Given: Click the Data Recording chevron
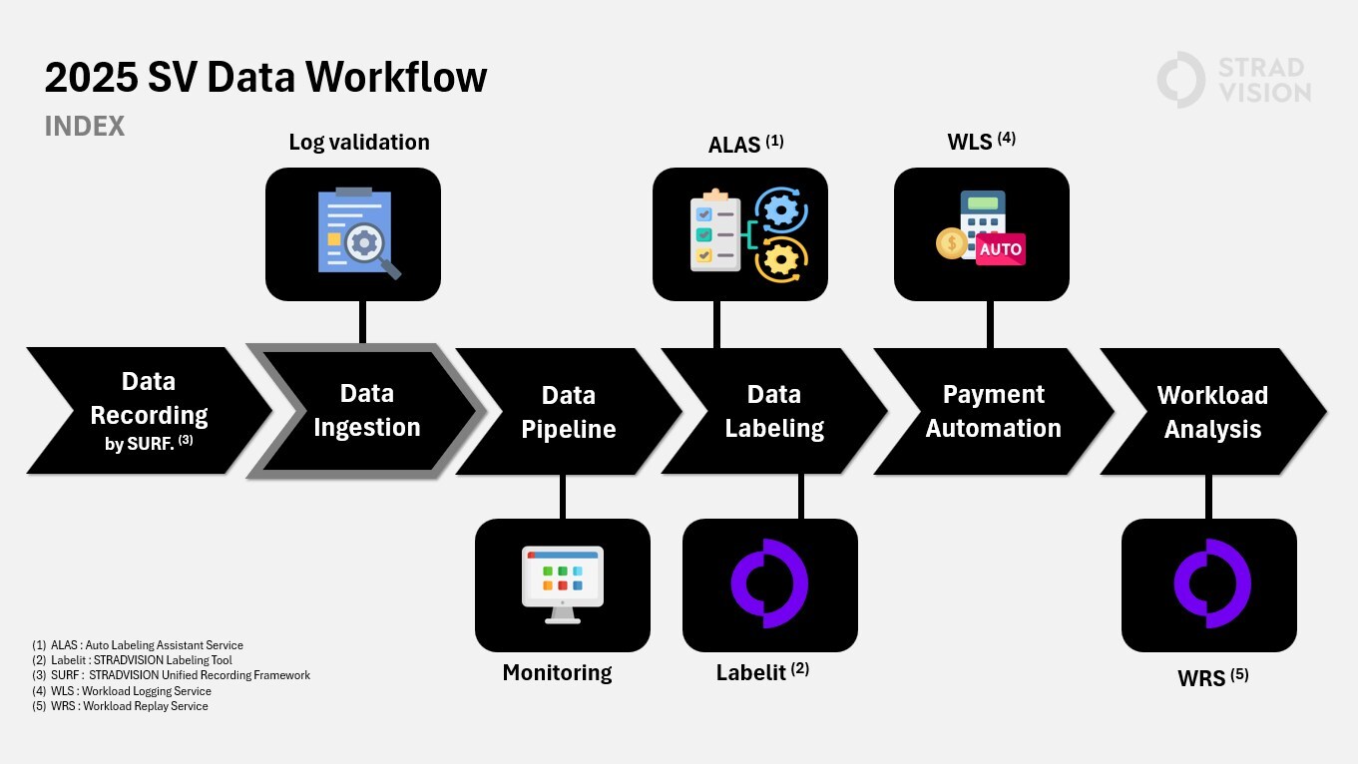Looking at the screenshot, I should click(148, 410).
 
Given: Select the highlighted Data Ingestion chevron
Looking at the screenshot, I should click(366, 410).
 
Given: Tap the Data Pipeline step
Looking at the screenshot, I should click(568, 411).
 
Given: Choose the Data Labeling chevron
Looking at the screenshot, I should click(774, 411).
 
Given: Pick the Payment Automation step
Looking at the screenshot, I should click(993, 411).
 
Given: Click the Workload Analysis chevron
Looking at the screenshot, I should click(1212, 411).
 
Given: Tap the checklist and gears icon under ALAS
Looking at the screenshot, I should click(740, 233).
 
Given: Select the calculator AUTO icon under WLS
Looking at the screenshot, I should click(981, 233).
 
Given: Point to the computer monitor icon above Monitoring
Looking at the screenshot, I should click(563, 584).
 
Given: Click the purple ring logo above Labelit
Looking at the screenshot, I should click(769, 584).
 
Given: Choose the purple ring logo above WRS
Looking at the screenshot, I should click(1209, 584).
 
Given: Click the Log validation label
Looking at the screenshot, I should click(359, 143).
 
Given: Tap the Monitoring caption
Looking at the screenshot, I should click(557, 673).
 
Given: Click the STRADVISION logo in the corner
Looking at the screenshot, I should click(1233, 80).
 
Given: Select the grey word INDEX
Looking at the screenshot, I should click(85, 127).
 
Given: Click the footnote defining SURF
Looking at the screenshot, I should click(171, 675).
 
